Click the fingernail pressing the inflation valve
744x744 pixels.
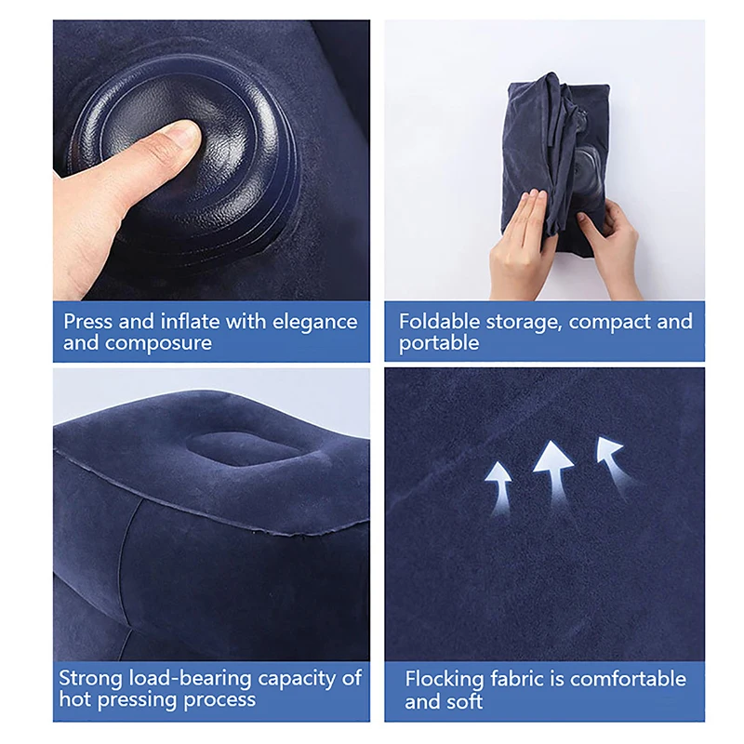tap(186, 133)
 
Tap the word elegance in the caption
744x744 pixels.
tap(315, 322)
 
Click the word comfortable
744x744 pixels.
tap(629, 680)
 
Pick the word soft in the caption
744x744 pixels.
tap(464, 701)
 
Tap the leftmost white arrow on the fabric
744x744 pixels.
tap(499, 487)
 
